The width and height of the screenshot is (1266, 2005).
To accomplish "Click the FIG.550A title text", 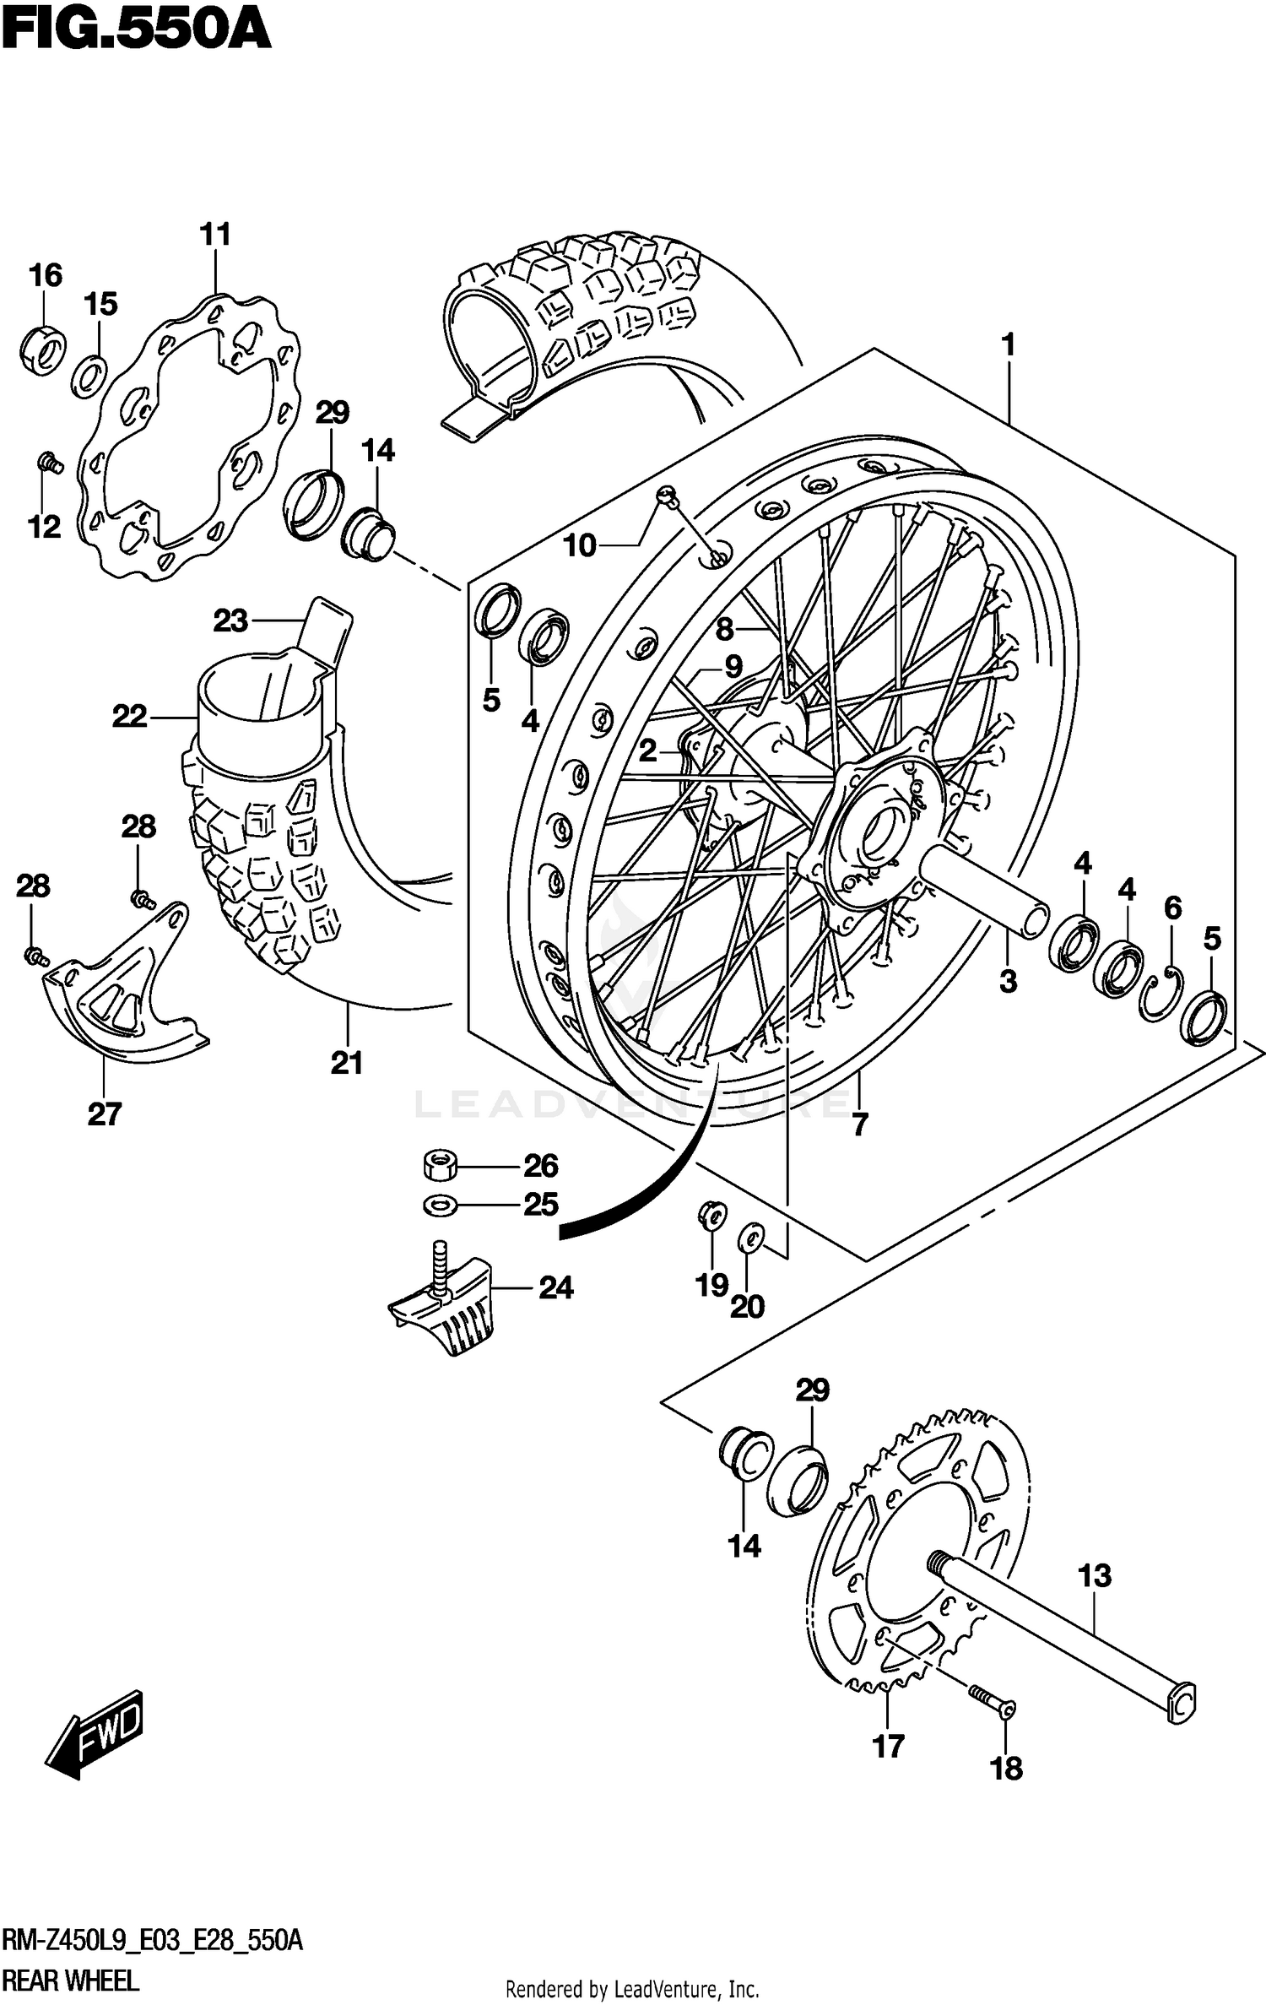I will [135, 32].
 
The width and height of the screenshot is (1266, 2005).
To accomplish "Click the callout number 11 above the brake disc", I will [215, 234].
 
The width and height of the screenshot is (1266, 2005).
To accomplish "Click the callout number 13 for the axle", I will [1095, 1575].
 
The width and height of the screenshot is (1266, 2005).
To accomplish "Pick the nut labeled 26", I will [439, 1167].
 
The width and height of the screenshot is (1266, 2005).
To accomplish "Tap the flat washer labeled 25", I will [439, 1205].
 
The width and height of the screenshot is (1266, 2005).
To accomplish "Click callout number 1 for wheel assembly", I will [1007, 345].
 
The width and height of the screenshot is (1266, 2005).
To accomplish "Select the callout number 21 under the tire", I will [346, 1063].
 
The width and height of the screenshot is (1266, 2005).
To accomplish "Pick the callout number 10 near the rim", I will [580, 546].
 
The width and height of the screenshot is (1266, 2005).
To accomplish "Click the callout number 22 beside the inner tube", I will [129, 717].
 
